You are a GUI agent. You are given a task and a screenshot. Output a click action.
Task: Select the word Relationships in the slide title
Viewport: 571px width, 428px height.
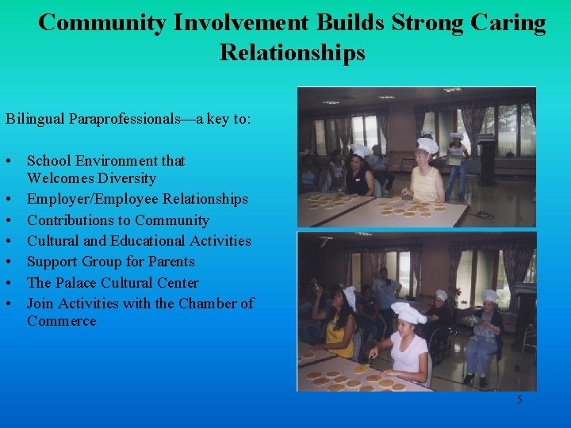293,52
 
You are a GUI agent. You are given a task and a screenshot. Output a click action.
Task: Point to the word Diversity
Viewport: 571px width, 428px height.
128,179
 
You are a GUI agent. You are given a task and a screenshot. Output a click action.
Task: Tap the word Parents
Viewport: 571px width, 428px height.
170,262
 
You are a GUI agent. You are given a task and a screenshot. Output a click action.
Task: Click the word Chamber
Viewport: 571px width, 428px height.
208,304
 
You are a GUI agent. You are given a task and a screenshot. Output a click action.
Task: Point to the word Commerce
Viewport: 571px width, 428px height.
62,321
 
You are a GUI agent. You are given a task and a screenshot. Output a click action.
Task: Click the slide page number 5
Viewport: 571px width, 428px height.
519,400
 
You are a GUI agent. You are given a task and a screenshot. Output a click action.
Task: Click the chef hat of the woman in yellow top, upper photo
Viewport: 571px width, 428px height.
427,146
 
